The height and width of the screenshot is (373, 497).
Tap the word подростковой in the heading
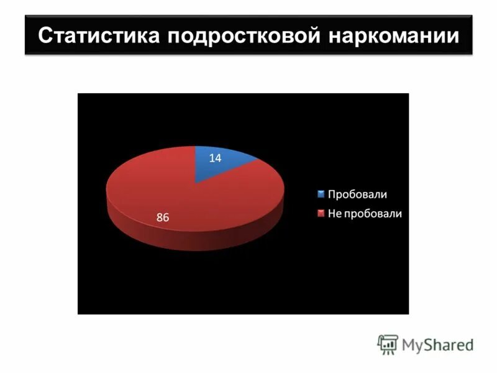tap(243, 36)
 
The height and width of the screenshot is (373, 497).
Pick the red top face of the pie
tap(162, 186)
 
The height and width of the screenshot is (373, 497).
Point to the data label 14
tap(215, 159)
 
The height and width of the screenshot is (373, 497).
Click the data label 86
tap(163, 218)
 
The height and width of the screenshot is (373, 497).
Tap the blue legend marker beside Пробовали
tap(321, 194)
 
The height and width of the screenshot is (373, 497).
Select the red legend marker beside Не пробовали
tap(321, 213)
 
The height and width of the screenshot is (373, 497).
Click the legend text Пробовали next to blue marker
tap(357, 194)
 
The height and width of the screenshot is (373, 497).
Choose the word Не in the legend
tap(335, 213)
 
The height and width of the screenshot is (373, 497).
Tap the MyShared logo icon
tap(387, 344)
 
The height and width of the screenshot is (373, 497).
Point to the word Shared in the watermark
tap(449, 344)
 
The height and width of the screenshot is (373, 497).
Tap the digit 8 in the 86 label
tap(160, 218)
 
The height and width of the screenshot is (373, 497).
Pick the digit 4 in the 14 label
tap(218, 159)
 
